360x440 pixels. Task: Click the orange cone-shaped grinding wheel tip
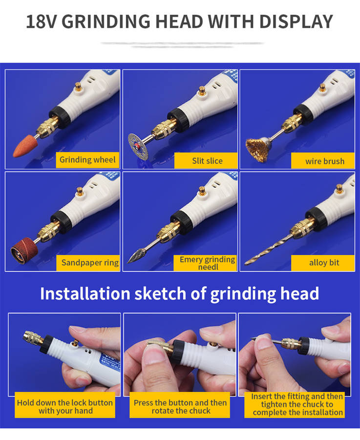pyautogui.click(x=25, y=146)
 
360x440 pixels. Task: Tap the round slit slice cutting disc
pyautogui.click(x=138, y=147)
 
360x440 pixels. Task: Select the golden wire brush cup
pyautogui.click(x=258, y=149)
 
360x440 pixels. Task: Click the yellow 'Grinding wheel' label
pyautogui.click(x=87, y=160)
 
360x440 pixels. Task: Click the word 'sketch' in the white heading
pyautogui.click(x=160, y=293)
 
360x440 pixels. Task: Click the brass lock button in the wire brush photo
pyautogui.click(x=323, y=88)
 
